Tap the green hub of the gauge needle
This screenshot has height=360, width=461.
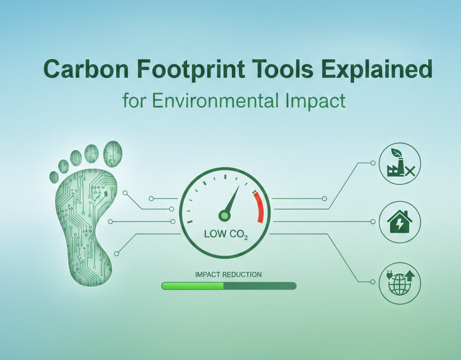pyautogui.click(x=224, y=216)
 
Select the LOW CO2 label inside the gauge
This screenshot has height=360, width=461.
pyautogui.click(x=226, y=235)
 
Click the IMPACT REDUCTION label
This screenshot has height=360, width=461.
pyautogui.click(x=228, y=274)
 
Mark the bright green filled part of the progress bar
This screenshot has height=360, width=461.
pyautogui.click(x=193, y=286)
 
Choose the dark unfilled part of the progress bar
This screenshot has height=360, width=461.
pyautogui.click(x=260, y=286)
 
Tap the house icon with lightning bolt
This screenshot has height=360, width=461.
pyautogui.click(x=400, y=222)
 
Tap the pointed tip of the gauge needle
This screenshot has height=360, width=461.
pyautogui.click(x=239, y=186)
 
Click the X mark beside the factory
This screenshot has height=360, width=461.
pyautogui.click(x=410, y=171)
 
